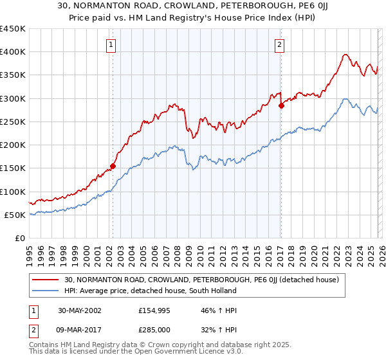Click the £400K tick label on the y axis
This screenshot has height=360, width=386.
(12, 52)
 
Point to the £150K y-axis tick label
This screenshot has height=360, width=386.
(12, 168)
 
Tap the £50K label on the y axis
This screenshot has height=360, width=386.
(15, 215)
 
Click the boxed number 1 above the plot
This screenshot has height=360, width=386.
(112, 45)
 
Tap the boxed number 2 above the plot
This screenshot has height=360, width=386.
(280, 45)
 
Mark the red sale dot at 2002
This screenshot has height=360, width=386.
(113, 166)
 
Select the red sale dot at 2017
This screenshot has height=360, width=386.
(281, 105)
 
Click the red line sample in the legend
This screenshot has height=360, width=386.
(46, 279)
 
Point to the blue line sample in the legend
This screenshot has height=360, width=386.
(46, 291)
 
